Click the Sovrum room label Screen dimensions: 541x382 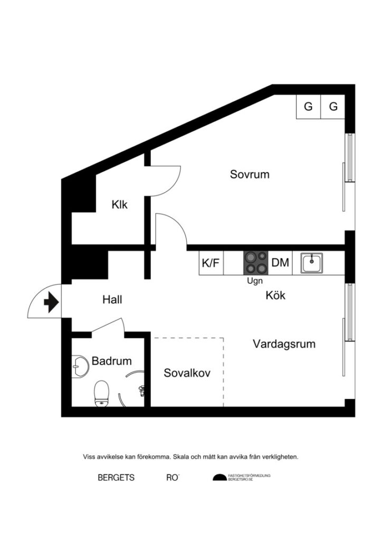click(250, 174)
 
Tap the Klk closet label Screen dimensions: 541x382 click(120, 204)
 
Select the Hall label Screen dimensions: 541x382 click(112, 300)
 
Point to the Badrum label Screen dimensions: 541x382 click(111, 361)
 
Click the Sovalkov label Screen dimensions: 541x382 click(187, 373)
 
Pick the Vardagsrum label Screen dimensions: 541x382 click(284, 344)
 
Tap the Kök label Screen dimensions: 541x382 click(275, 295)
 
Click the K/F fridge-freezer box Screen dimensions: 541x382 click(211, 263)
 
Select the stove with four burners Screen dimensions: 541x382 click(256, 263)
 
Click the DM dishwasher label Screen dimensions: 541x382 click(280, 263)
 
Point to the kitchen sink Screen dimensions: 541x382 click(312, 263)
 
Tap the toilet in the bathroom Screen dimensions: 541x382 click(101, 394)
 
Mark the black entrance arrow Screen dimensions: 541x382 click(51, 303)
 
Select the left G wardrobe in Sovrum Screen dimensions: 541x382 click(308, 107)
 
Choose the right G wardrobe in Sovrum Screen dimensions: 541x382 click(333, 107)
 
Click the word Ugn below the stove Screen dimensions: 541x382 click(255, 282)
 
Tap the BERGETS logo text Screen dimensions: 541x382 click(116, 478)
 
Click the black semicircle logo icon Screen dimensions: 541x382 click(218, 478)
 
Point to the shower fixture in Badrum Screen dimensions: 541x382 click(141, 391)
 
